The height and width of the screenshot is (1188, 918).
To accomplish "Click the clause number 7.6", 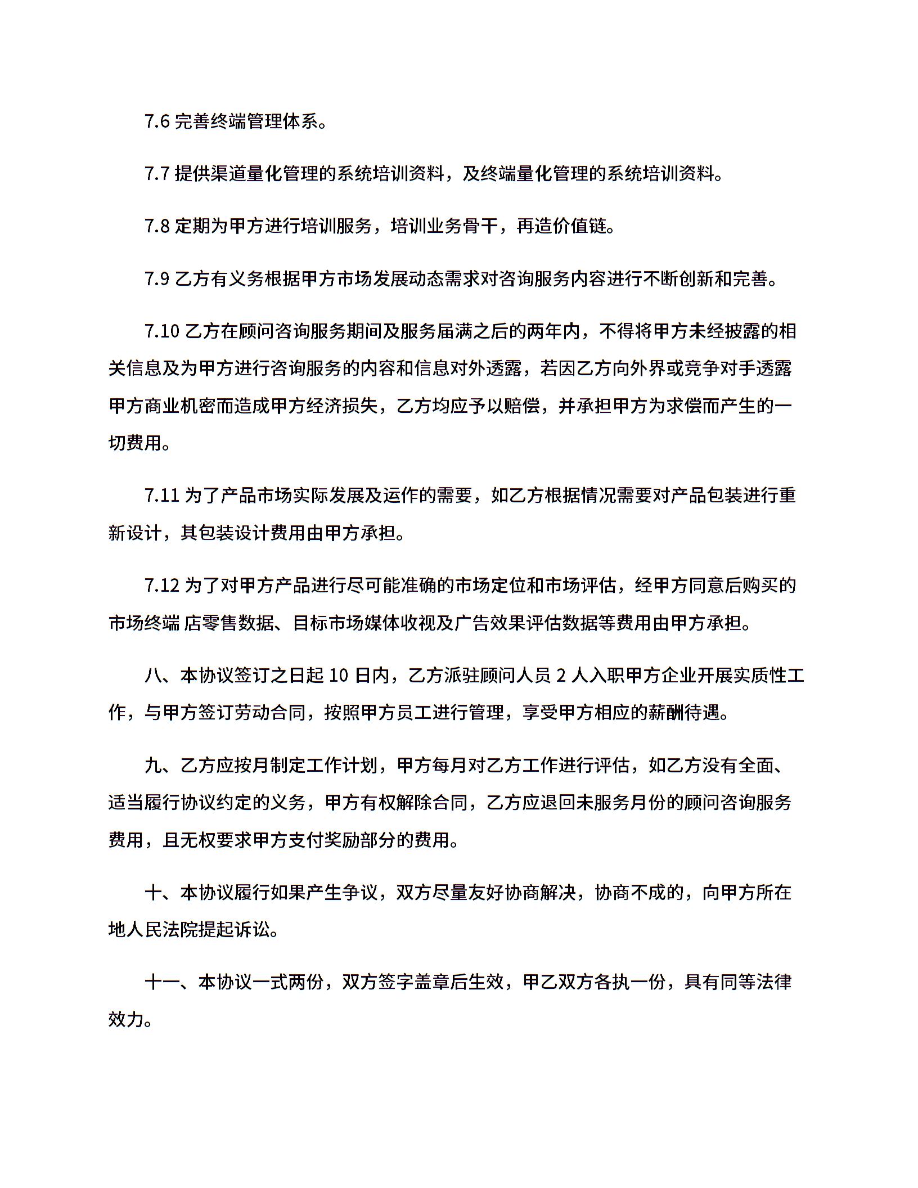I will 157,121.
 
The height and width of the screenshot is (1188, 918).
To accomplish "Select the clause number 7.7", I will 157,174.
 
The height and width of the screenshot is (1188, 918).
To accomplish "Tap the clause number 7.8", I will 157,226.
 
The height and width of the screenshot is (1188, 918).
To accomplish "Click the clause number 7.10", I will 161,331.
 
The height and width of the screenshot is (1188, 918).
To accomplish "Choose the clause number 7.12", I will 161,586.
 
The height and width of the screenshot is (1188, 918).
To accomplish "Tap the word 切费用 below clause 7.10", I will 135,443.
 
